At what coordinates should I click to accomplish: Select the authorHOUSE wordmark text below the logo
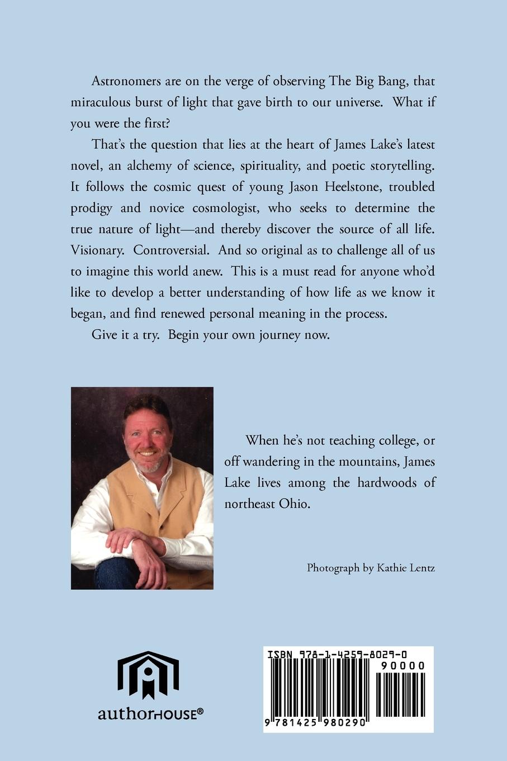[150, 714]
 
